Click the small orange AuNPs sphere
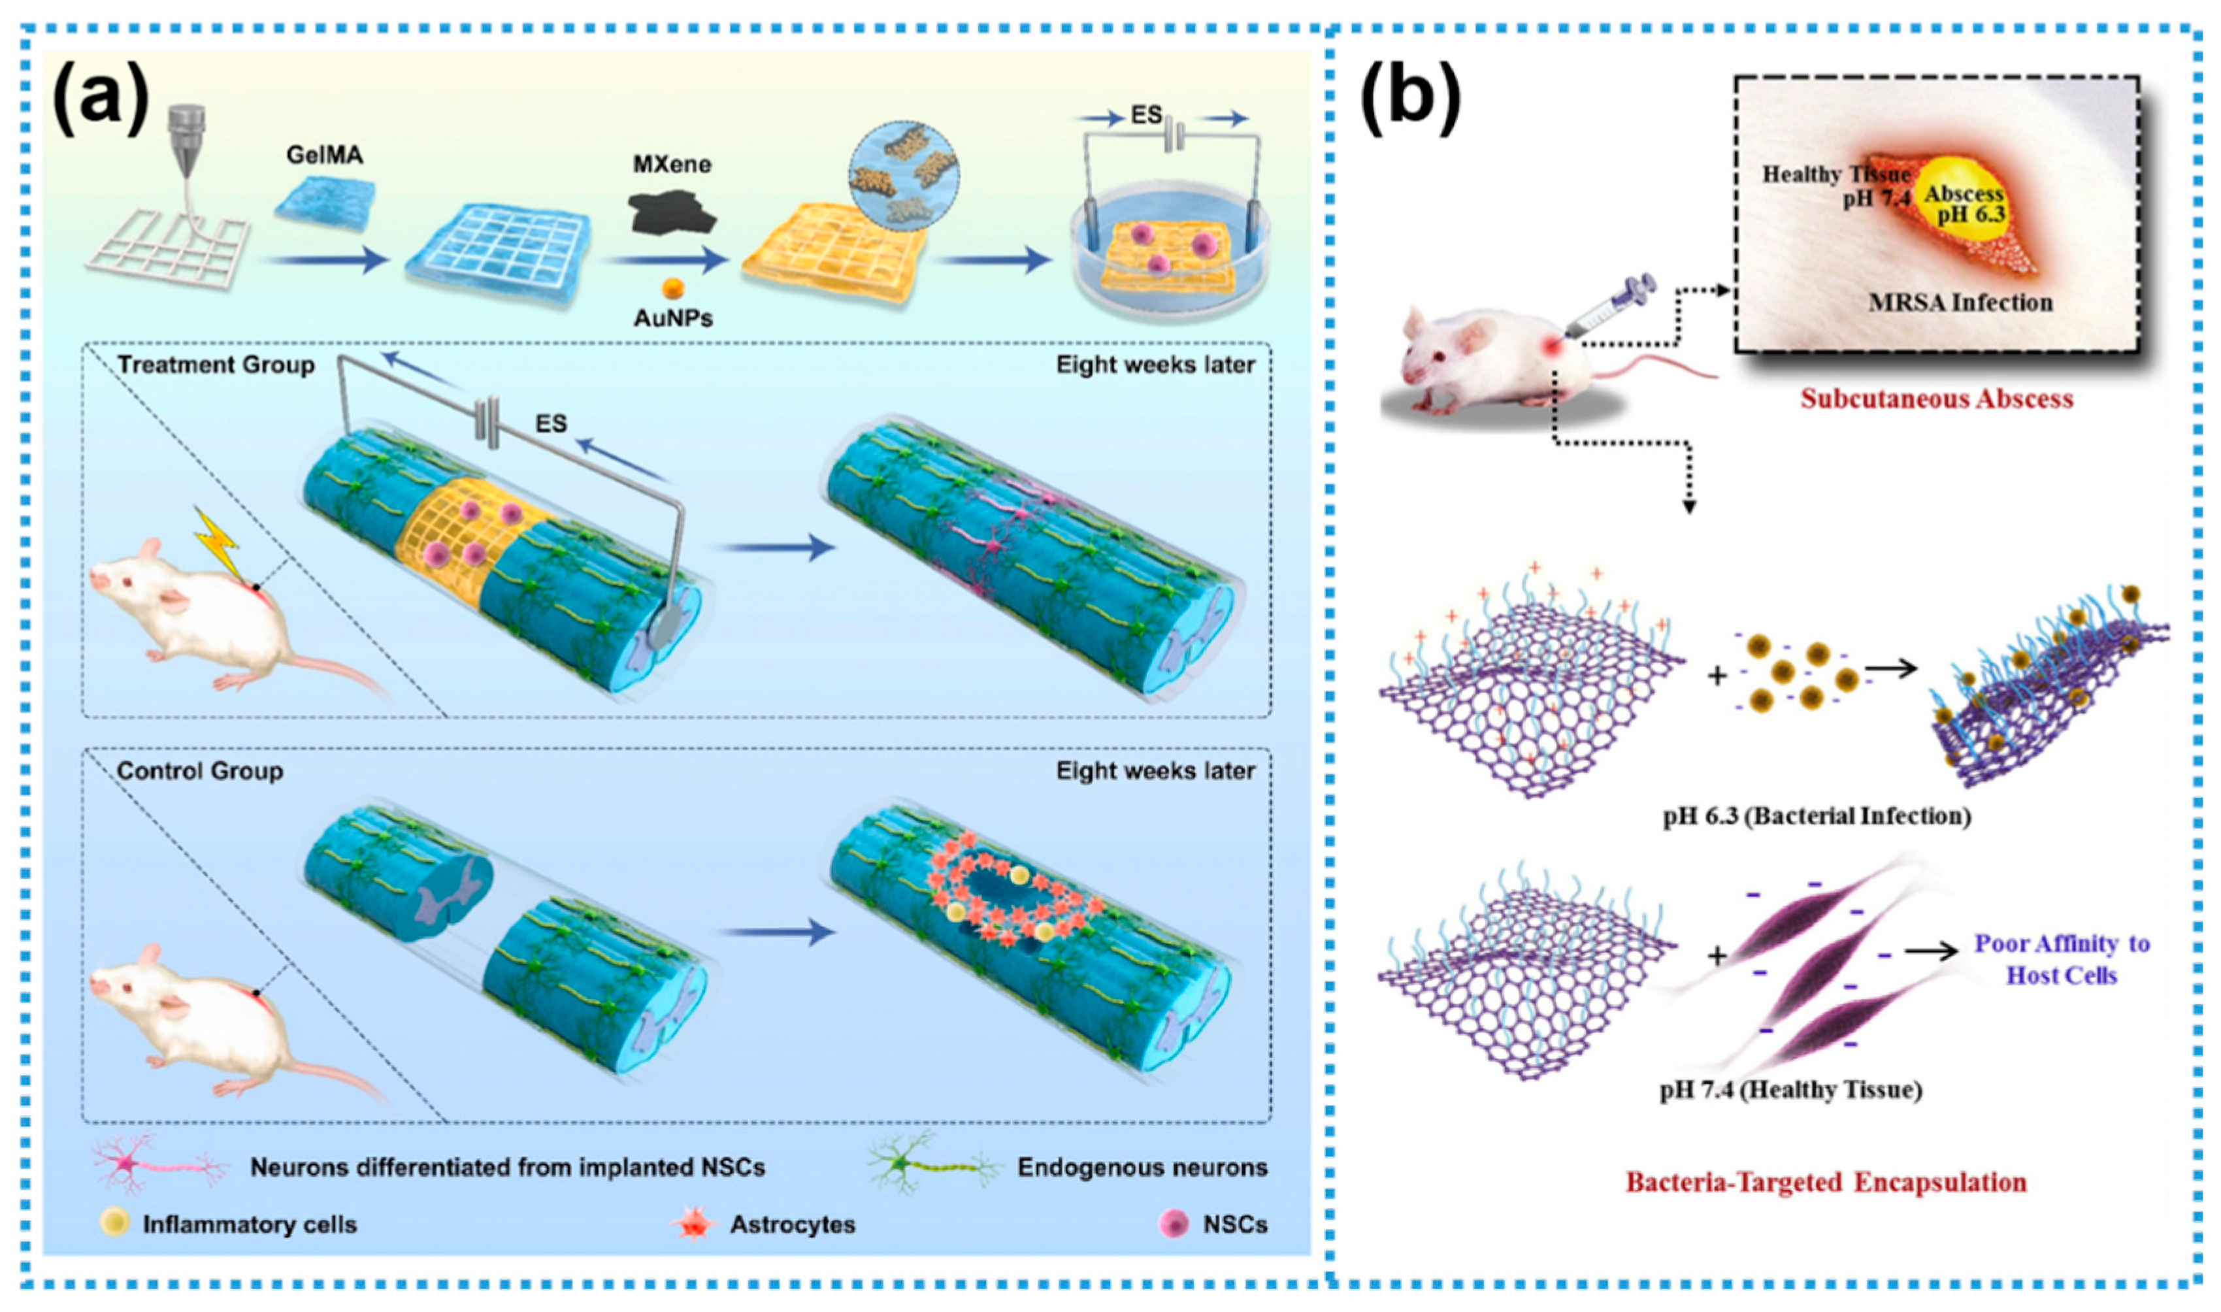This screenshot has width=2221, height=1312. click(673, 287)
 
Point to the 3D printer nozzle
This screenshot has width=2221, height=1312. click(188, 141)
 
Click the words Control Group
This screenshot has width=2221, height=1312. click(200, 771)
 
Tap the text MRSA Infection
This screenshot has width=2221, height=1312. click(1960, 303)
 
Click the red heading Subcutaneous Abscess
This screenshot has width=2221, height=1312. click(1936, 399)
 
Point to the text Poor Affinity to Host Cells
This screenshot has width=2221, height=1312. click(2062, 959)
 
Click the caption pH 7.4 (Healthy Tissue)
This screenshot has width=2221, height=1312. click(1790, 1090)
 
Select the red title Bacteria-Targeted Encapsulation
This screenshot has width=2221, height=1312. click(1826, 1182)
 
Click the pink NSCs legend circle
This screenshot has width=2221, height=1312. click(1174, 1224)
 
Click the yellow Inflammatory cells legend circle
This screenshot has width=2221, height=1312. click(115, 1224)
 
